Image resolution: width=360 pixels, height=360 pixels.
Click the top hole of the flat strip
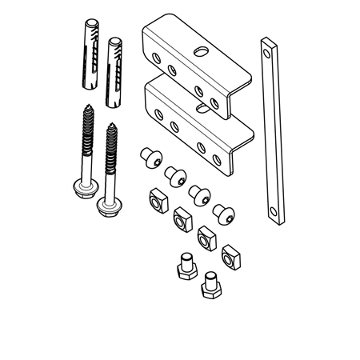pos(268,50)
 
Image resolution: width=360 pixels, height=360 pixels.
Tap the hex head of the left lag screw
pos(86,190)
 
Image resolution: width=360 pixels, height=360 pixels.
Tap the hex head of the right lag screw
pos(106,205)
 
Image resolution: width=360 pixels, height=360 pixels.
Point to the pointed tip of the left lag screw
pos(85,109)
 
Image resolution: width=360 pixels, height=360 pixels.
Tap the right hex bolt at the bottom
pos(210,283)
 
